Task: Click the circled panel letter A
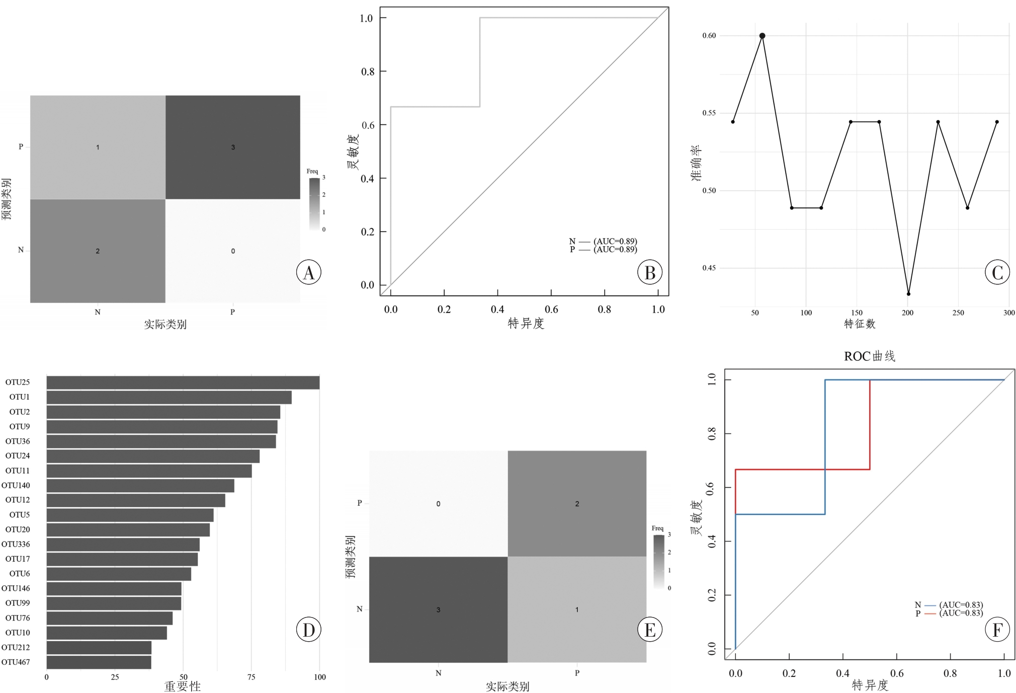coord(308,272)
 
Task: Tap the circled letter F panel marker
coord(997,629)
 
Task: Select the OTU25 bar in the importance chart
coord(183,382)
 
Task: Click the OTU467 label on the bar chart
coord(16,662)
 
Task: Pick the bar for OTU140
coord(140,486)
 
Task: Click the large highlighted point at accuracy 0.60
coord(762,36)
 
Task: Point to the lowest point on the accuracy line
coord(908,294)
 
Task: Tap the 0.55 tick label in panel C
coord(709,113)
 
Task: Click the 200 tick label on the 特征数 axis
coord(907,313)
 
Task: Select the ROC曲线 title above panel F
coord(869,356)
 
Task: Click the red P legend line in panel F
coord(930,613)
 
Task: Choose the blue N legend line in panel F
coord(930,605)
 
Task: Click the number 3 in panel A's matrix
coord(233,147)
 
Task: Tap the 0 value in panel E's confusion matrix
coord(438,504)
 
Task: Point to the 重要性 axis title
coord(182,686)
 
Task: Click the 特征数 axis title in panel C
coord(860,324)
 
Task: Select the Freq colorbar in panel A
coord(314,204)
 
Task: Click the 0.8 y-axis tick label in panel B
coord(368,71)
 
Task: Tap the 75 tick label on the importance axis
coord(251,677)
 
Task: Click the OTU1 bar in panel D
coord(169,398)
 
